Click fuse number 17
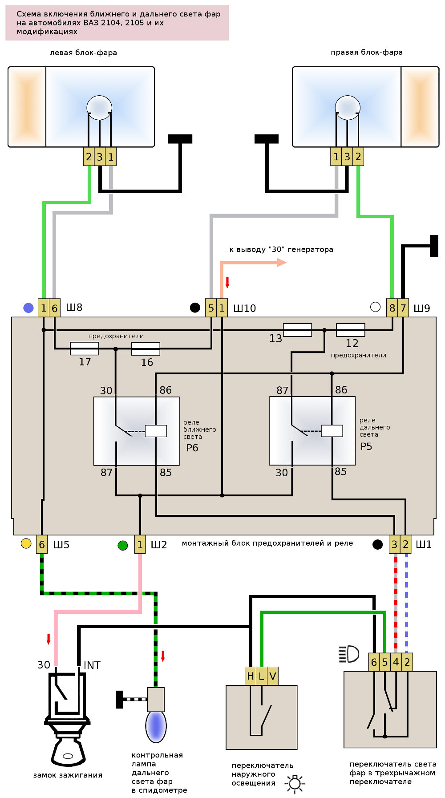point(85,348)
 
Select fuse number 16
point(146,348)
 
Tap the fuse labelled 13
point(297,330)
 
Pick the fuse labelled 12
point(351,330)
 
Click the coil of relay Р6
point(156,431)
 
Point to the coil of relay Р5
point(332,431)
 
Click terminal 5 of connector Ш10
point(211,308)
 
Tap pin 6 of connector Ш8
point(54,308)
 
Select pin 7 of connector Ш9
point(403,308)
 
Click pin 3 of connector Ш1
point(394,544)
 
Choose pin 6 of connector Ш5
point(42,544)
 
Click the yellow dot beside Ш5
point(26,543)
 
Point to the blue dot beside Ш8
point(28,308)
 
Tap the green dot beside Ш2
point(123,545)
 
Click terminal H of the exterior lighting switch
point(251,676)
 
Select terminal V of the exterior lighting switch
point(273,676)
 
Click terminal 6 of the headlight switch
point(374,662)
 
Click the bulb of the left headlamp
point(99,107)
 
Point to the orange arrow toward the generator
point(281,263)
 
